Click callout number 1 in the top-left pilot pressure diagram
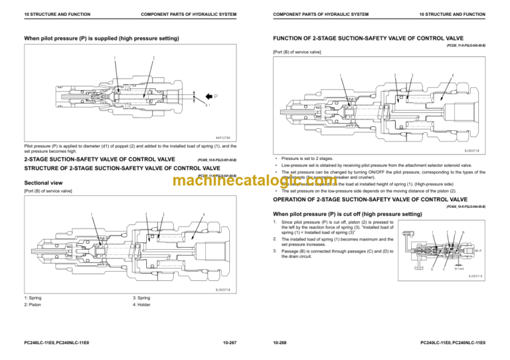(x=115, y=58)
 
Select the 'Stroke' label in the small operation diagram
(x=459, y=268)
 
